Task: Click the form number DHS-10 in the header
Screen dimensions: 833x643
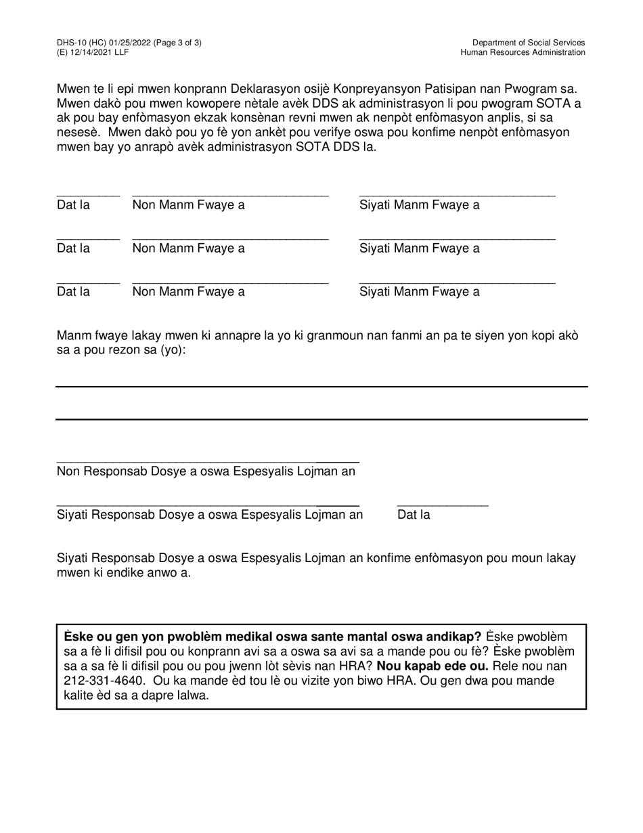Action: (72, 43)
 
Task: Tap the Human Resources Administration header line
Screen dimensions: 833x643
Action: (523, 52)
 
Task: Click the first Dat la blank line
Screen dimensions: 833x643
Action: (88, 195)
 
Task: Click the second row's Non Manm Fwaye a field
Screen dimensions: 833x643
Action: (230, 239)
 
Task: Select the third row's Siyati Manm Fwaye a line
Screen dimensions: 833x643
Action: (457, 282)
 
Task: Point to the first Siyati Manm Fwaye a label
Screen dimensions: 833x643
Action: (419, 205)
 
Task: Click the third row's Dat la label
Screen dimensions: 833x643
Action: (73, 292)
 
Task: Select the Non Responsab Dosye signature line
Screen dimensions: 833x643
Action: (207, 461)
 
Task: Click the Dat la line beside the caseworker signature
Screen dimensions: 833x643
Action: (442, 505)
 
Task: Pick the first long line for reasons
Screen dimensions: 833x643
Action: (321, 387)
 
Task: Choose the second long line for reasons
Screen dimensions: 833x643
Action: (321, 419)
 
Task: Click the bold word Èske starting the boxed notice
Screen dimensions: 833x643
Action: (79, 637)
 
